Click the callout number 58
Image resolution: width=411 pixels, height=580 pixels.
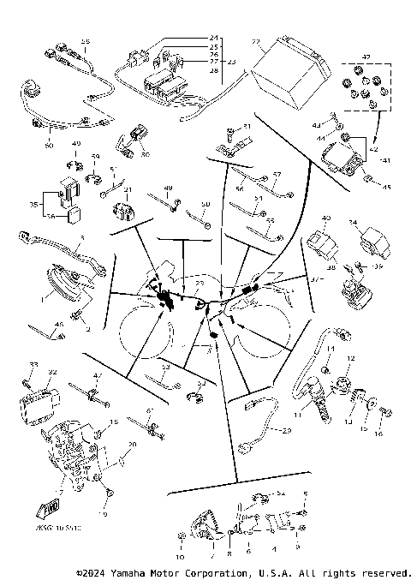coord(85,42)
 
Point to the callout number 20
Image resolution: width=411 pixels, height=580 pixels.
coord(131,445)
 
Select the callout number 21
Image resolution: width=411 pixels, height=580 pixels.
coord(127,190)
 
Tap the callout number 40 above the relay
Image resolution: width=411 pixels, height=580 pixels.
coord(325,219)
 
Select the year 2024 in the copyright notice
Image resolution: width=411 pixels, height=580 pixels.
coord(94,571)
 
